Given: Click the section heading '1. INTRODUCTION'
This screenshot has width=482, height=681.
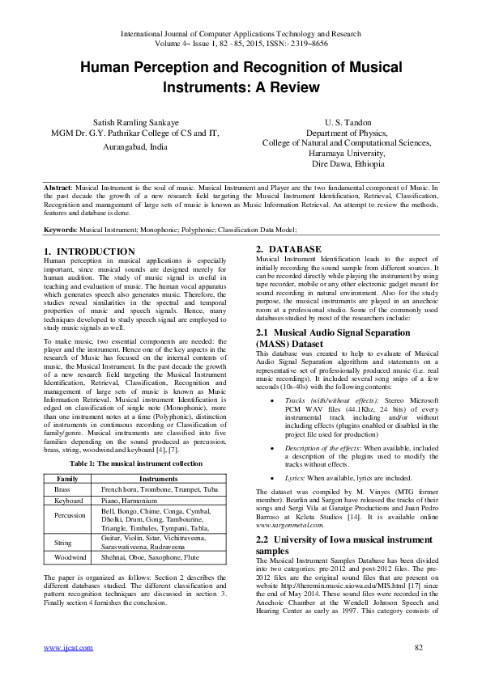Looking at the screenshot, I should tap(90, 252).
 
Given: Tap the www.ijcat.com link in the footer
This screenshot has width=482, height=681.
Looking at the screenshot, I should tap(62, 648).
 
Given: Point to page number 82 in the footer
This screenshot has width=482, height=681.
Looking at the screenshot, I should tap(419, 648).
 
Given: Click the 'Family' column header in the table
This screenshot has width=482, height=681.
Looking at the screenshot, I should tap(67, 480).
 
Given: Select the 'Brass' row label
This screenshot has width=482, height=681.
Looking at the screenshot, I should tap(62, 490).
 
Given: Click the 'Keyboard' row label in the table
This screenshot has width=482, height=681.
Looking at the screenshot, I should tap(68, 501).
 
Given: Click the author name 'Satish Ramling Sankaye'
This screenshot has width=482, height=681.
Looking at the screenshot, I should tap(135, 120).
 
